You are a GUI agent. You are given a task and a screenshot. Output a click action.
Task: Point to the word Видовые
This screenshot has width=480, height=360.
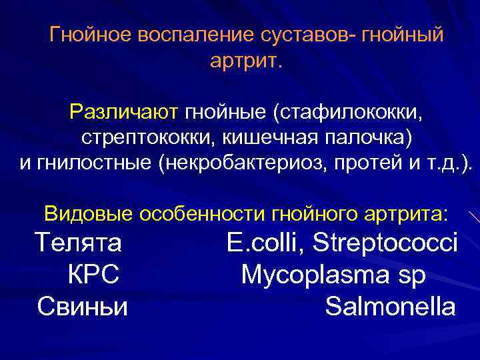point(89,214)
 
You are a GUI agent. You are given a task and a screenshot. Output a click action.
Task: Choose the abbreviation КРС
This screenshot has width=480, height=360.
point(93,275)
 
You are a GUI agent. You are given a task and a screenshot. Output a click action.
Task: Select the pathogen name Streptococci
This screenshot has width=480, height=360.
point(387,243)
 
